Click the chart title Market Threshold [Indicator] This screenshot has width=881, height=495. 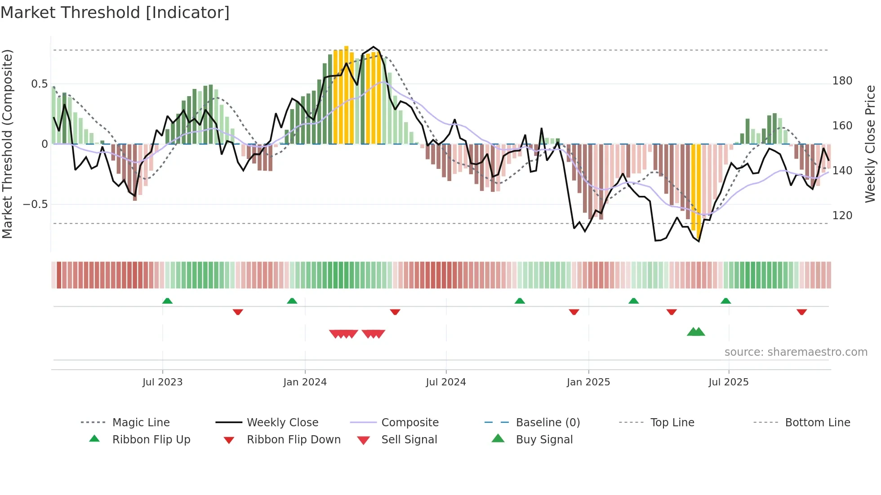point(115,13)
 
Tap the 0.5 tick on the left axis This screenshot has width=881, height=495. point(39,84)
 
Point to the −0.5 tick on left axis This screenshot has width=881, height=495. point(36,204)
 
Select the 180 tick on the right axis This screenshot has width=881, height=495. point(842,81)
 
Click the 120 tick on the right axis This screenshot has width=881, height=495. point(842,216)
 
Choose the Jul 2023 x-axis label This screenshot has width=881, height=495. point(162,382)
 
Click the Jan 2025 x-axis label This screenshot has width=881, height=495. point(588,382)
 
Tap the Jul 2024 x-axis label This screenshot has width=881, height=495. point(445,382)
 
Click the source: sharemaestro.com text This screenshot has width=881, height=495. point(796,352)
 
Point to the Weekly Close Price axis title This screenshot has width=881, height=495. point(870,144)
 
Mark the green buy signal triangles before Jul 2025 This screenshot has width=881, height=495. point(696,332)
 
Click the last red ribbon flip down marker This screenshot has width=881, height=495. point(801,312)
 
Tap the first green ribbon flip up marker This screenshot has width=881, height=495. point(167,301)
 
